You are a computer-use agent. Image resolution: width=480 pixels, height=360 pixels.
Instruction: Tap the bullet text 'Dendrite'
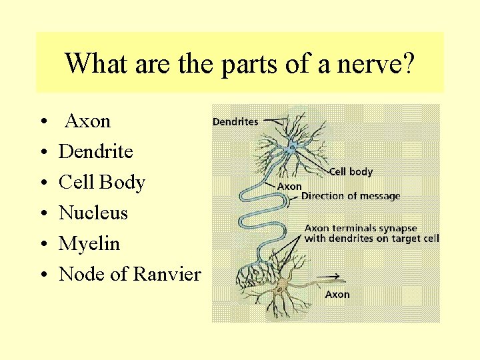95,152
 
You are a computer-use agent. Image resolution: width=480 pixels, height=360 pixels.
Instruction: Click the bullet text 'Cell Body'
101,183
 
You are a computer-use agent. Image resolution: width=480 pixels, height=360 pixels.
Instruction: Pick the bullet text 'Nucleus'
93,213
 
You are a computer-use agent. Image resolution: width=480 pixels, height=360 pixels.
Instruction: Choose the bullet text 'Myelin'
89,244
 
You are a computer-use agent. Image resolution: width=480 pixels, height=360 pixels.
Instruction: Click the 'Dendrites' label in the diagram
235,122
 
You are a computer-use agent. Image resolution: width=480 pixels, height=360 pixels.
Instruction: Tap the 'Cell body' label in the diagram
351,172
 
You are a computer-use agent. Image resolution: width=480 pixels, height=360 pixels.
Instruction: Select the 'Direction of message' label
351,196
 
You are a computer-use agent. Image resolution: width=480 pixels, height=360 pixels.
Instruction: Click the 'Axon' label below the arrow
337,294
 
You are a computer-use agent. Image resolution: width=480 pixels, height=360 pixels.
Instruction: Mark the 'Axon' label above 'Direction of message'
289,187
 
